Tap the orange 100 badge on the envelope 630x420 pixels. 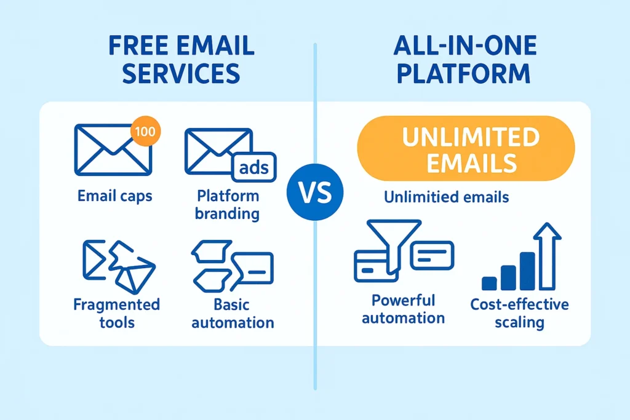[146, 132]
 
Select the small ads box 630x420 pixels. [254, 167]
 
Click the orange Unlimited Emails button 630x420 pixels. [466, 149]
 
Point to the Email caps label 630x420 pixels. [115, 197]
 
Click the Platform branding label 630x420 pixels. [227, 205]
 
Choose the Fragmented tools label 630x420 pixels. [116, 313]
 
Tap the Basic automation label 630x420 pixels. [231, 313]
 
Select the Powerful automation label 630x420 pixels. [403, 309]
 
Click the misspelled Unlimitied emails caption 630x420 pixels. [445, 197]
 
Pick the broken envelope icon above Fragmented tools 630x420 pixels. [118, 265]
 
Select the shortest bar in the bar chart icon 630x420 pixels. [489, 283]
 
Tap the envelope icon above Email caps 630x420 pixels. [112, 149]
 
